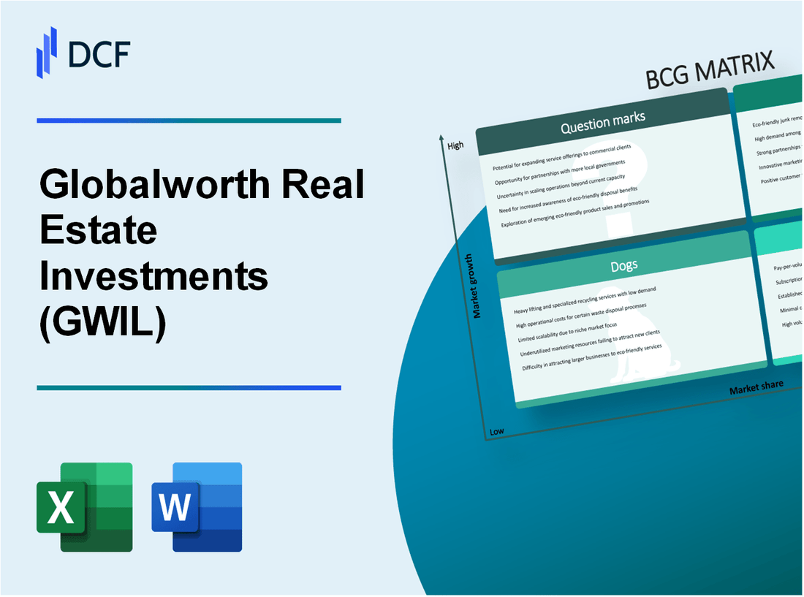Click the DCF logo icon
coord(47,50)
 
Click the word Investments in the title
coord(153,278)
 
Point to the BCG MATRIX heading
coord(709,72)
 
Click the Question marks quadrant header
coord(603,126)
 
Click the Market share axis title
coord(756,387)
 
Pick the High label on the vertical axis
coord(455,145)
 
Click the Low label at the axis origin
coord(496,431)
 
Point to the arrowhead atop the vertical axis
coord(442,137)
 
